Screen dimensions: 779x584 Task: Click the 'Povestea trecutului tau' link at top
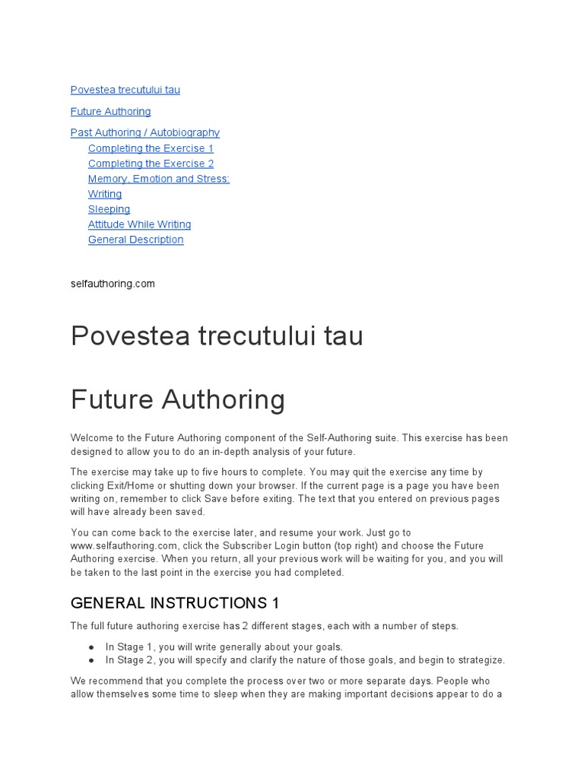point(125,90)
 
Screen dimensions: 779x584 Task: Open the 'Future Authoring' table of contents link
point(110,111)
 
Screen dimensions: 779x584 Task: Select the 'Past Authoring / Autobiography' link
point(144,132)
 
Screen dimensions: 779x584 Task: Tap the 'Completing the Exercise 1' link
point(151,148)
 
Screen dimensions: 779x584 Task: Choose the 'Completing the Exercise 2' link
point(151,164)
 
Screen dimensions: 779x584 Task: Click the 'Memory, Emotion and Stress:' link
point(158,179)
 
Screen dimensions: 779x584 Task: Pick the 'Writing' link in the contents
point(105,194)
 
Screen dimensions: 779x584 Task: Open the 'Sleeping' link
point(109,209)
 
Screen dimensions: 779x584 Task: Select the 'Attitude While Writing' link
point(139,224)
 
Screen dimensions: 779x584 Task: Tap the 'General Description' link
point(135,240)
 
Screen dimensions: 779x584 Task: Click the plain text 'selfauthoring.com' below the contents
point(113,284)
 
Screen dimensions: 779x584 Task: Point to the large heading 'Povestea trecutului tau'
point(217,335)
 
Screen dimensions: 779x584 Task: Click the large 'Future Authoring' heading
point(177,399)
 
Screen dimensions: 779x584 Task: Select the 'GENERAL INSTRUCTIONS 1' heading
point(175,603)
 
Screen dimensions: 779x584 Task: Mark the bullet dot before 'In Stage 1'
point(92,647)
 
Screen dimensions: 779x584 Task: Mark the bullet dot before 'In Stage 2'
point(92,660)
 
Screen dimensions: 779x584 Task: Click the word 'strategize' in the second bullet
point(480,660)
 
